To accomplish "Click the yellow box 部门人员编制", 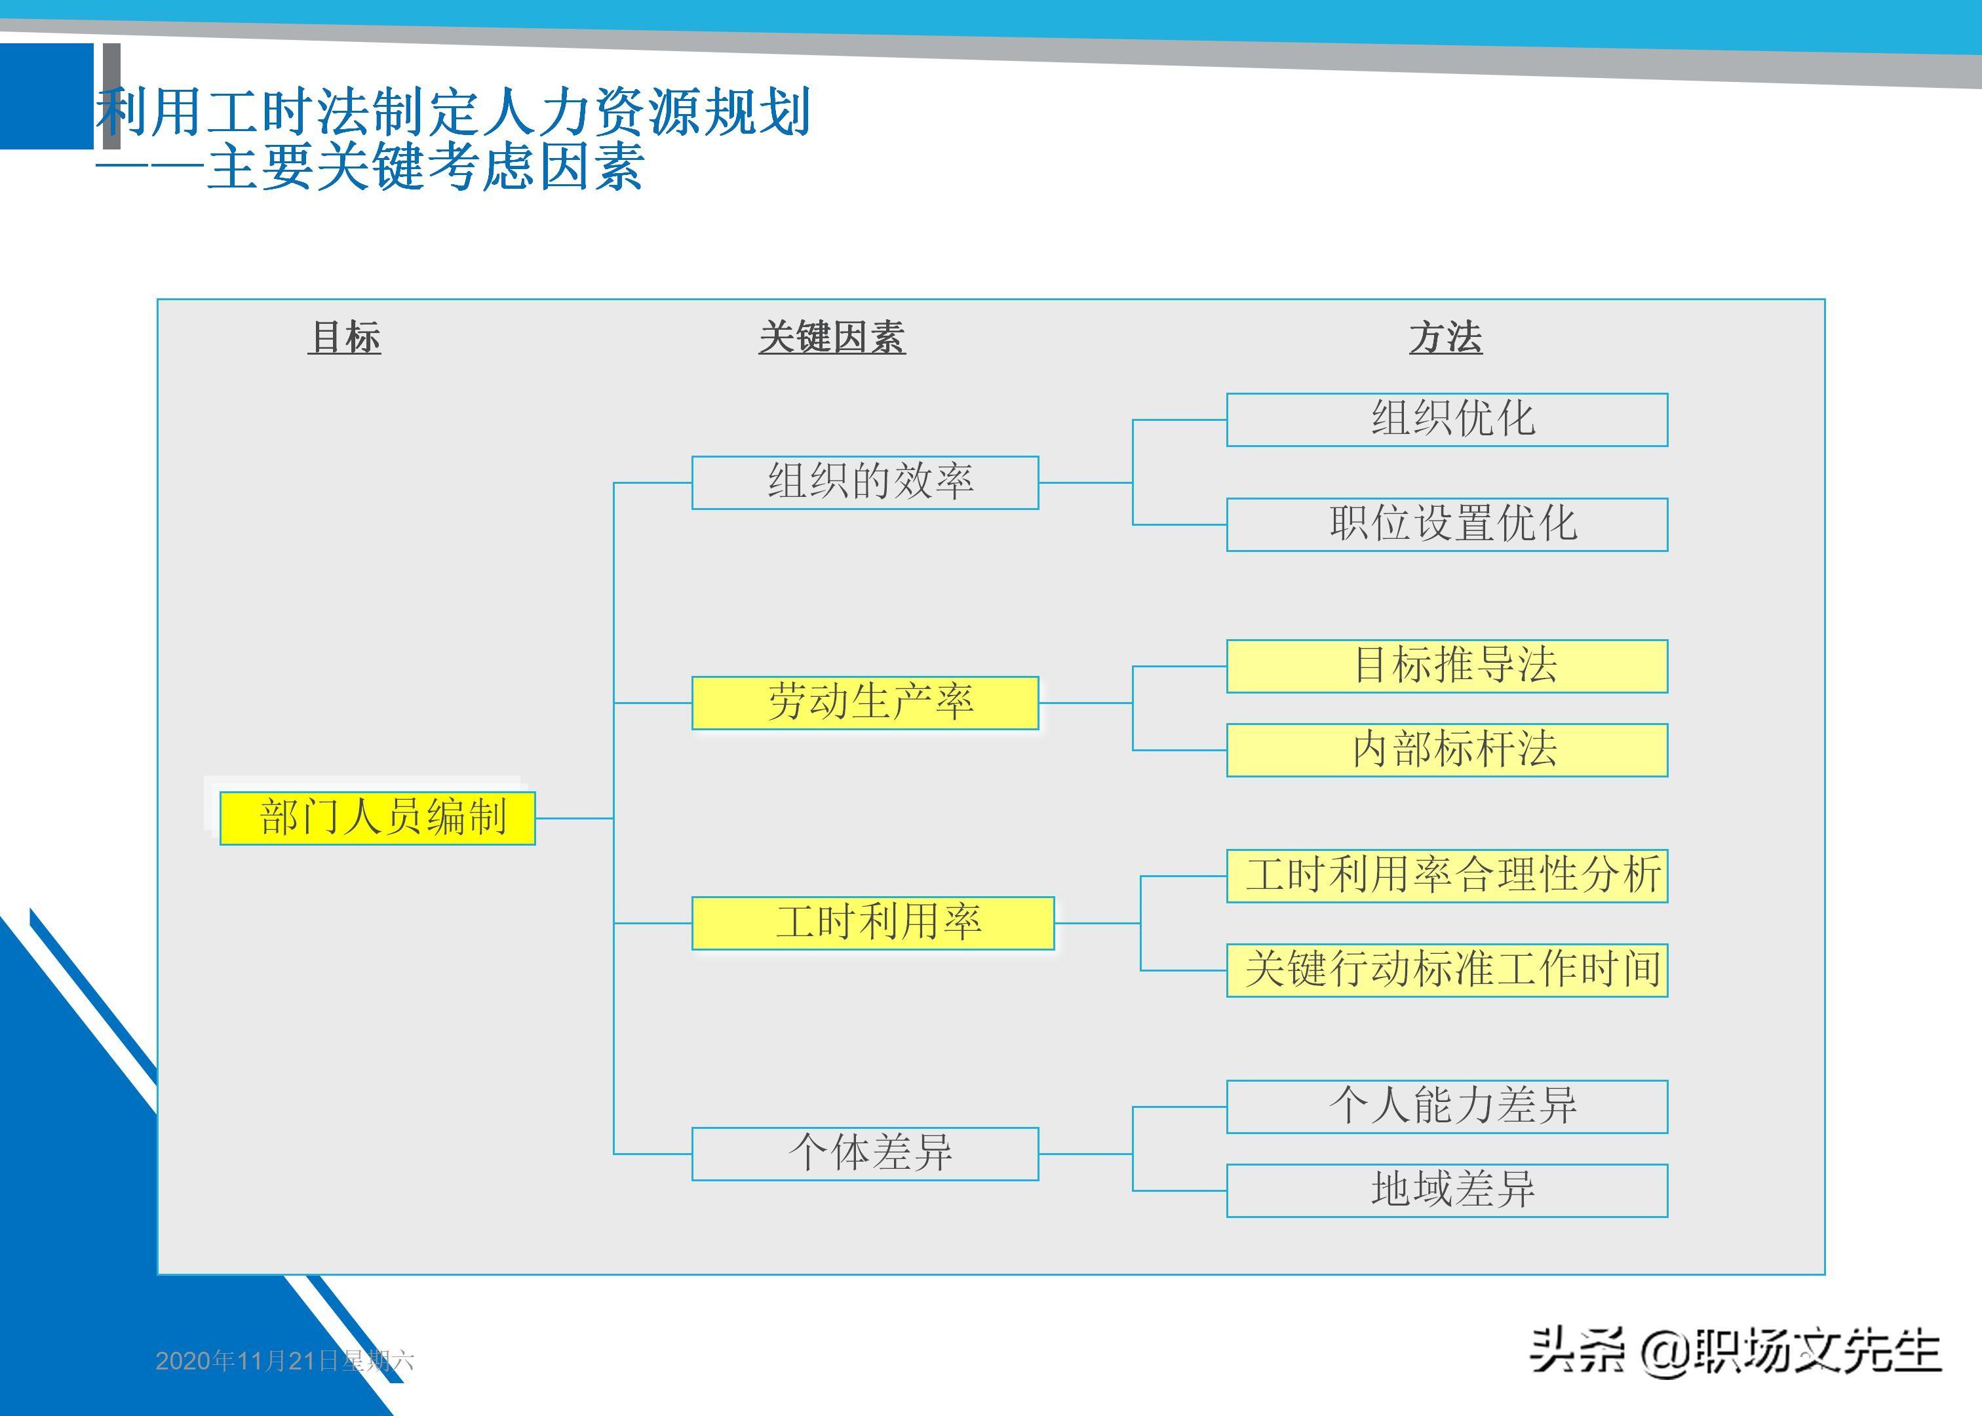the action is tap(378, 818).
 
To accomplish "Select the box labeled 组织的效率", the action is tap(865, 482).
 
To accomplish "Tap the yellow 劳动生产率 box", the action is tap(865, 703).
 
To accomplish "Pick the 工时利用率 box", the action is tap(872, 922).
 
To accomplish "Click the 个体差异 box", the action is tap(865, 1154).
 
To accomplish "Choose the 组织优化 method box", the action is tap(1447, 420).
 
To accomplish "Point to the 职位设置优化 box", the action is tap(1447, 524).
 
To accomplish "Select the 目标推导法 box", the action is tap(1447, 666).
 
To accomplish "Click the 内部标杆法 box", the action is tap(1447, 750).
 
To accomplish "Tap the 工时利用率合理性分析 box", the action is tap(1447, 875).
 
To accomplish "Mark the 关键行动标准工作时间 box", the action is tap(1447, 970).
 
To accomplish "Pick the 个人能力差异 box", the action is tap(1447, 1107).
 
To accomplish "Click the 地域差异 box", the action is tap(1447, 1190).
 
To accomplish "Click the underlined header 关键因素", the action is tap(832, 338).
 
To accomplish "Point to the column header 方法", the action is tap(1445, 338).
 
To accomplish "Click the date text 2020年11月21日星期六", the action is tap(284, 1360).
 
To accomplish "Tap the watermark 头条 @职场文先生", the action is tap(1734, 1352).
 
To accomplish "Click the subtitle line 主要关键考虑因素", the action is tap(425, 167).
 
